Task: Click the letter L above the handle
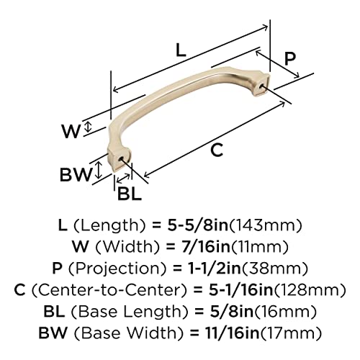point(181,50)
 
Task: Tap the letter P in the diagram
point(290,59)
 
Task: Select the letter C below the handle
point(217,150)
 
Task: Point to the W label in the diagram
point(71,132)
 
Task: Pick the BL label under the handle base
point(129,194)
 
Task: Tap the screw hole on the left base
point(121,159)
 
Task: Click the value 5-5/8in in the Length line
point(197,225)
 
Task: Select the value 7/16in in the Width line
point(206,247)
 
